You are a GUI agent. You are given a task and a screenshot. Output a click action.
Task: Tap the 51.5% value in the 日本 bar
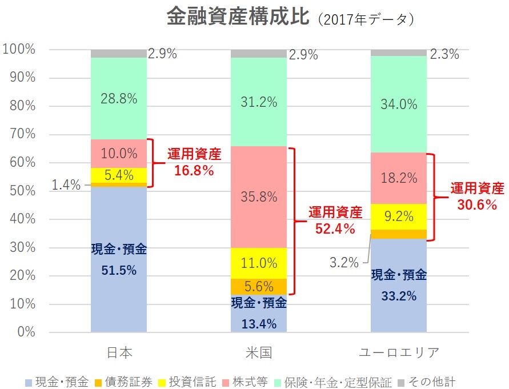tap(119, 270)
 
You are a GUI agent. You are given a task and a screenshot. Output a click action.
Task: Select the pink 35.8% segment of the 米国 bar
tap(259, 197)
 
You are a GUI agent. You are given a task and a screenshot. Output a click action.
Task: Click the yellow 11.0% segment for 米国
tap(259, 263)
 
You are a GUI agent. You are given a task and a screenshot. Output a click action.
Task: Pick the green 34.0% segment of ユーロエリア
tap(399, 104)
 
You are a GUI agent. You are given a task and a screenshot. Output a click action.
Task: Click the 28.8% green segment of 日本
tap(119, 98)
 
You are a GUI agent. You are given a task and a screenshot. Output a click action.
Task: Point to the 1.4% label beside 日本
tap(66, 185)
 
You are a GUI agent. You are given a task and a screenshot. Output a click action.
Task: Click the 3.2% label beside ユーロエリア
tap(344, 263)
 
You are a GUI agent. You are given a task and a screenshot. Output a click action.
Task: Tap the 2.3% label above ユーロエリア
tap(444, 55)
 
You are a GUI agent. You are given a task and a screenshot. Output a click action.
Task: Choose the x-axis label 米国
tap(258, 352)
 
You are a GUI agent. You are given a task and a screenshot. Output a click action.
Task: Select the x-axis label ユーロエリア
tap(399, 352)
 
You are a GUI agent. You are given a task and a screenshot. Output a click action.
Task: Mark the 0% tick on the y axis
tap(26, 332)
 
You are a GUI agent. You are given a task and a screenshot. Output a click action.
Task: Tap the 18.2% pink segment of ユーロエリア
tap(399, 178)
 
